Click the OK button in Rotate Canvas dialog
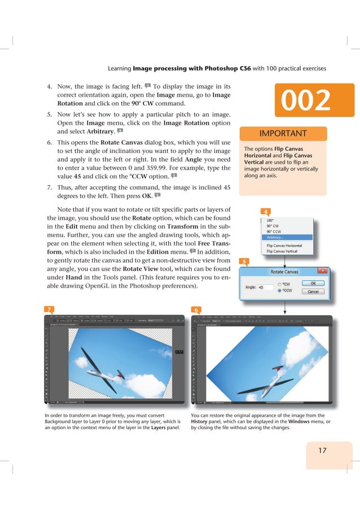pyautogui.click(x=314, y=284)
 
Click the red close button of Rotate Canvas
pyautogui.click(x=323, y=271)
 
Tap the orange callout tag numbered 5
pyautogui.click(x=243, y=261)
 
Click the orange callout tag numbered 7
pyautogui.click(x=50, y=310)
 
